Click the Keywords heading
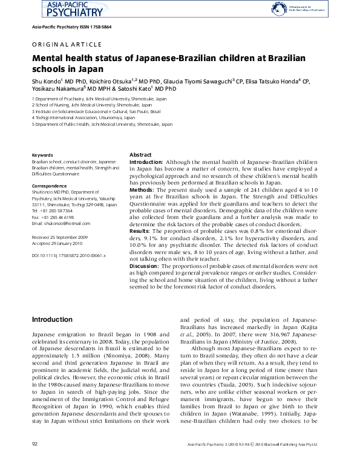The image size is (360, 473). pos(42,155)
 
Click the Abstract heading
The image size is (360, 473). pos(141,155)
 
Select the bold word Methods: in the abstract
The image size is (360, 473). pos(143,189)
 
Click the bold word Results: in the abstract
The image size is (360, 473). pos(142,230)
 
